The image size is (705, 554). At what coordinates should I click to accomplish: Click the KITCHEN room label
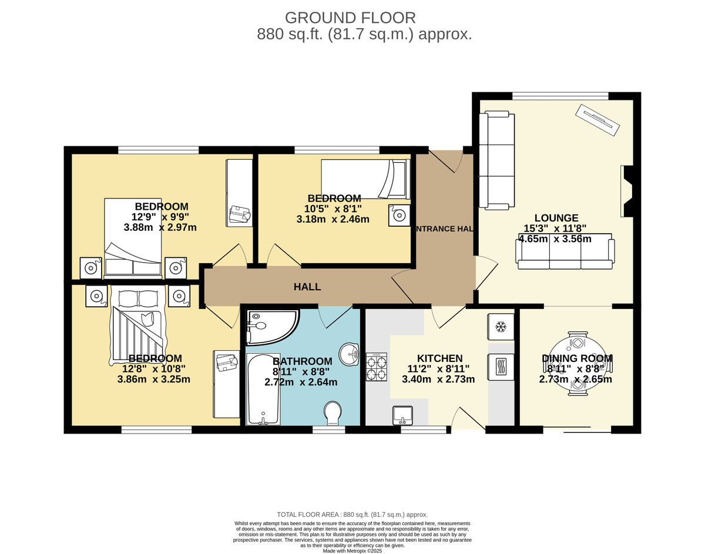tap(439, 358)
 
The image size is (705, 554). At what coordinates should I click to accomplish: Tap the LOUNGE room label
tap(556, 217)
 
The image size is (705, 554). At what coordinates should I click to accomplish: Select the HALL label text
tap(307, 287)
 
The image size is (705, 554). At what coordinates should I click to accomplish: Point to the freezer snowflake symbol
tap(501, 327)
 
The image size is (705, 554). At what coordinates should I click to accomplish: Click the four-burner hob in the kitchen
tap(377, 367)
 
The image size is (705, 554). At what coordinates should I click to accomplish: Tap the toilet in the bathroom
tap(333, 413)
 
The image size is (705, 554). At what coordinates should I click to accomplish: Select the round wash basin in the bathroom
tap(349, 354)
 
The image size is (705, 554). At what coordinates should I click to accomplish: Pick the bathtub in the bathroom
tap(263, 390)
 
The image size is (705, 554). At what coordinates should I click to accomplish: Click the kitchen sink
tap(402, 415)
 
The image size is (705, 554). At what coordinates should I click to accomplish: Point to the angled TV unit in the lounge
tap(597, 120)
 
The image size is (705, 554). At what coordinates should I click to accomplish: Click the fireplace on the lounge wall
tap(627, 191)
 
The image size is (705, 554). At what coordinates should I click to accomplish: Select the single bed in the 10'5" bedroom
tap(365, 179)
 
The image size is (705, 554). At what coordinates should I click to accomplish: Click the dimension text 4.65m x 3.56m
tap(555, 239)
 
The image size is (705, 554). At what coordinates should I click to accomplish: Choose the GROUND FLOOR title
tap(350, 18)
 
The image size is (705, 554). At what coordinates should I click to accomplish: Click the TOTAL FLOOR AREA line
tap(352, 515)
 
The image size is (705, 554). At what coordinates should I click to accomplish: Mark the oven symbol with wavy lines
tap(501, 367)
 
